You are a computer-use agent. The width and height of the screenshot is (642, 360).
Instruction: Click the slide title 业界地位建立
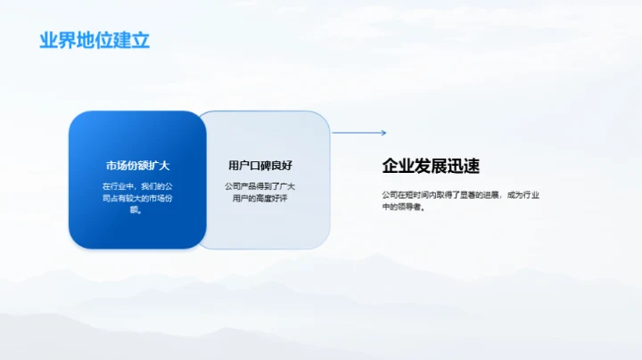95,40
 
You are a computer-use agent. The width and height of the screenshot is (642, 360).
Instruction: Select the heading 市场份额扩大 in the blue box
137,166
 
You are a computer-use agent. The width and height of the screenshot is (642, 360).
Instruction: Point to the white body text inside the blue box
137,198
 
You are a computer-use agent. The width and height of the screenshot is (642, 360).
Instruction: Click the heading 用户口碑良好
260,166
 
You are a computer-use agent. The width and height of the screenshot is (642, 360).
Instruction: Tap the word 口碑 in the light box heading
260,166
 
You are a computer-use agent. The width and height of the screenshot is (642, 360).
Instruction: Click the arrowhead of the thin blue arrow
383,133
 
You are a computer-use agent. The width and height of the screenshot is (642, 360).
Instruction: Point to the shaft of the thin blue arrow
356,133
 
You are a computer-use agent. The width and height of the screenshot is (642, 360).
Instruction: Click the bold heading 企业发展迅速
431,166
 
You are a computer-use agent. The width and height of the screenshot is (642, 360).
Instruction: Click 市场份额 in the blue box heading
127,166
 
